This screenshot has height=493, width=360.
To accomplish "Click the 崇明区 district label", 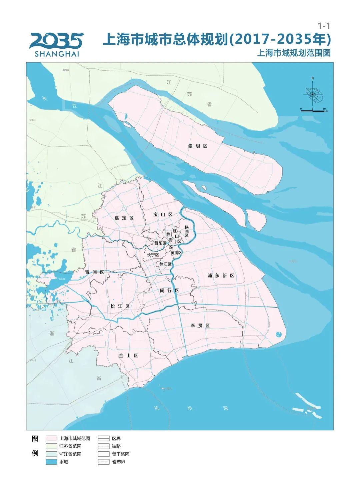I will [x=198, y=146].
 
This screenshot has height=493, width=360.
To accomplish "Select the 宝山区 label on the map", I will [x=163, y=214].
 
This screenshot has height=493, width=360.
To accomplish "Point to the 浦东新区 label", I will [x=221, y=276].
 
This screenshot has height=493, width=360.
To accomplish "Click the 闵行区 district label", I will [x=169, y=291].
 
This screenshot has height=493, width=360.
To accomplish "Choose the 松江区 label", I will [x=120, y=306].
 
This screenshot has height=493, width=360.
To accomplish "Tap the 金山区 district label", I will [x=128, y=356].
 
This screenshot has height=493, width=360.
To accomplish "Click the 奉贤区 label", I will [x=200, y=326].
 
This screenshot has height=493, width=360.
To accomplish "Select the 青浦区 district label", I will [x=95, y=272].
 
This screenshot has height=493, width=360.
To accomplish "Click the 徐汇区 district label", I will [x=165, y=264].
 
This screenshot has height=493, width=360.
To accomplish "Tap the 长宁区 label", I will [x=153, y=255].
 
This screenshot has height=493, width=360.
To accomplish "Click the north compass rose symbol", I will [x=313, y=94].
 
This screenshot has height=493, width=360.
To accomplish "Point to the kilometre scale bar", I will [x=312, y=110].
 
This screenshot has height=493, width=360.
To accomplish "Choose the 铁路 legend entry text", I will [x=116, y=446].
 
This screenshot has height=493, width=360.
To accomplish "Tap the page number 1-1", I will [x=324, y=26].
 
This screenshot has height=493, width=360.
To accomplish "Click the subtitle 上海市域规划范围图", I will [x=294, y=53].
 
